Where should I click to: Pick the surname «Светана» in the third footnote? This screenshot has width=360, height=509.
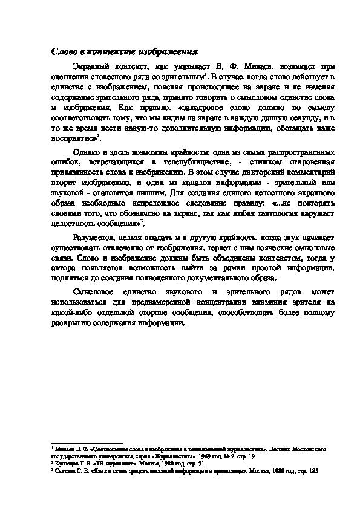[x=65, y=469]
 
